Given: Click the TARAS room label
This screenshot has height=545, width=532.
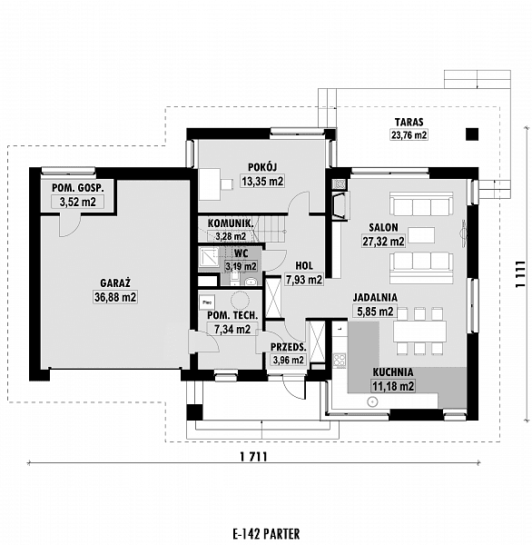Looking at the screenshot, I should [x=409, y=121].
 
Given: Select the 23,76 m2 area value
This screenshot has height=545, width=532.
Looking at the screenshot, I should [x=409, y=134].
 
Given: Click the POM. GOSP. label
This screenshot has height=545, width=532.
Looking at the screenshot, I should [x=75, y=188].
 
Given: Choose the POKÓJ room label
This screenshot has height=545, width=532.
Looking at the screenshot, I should [x=262, y=166].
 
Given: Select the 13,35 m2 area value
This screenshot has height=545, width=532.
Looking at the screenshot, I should [x=262, y=181].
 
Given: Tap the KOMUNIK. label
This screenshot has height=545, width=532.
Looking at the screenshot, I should [x=231, y=223].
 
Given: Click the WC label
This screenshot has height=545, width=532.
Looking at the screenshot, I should [x=241, y=253].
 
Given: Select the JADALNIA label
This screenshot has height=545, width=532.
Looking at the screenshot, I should [x=373, y=297].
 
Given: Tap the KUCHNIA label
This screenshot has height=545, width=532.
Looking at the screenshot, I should [x=392, y=372].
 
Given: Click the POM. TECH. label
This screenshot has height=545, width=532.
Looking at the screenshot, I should [x=232, y=315].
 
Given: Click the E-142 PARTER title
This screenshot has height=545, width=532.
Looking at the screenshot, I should [x=265, y=533].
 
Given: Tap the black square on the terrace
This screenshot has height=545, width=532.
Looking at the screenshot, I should [x=471, y=134].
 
